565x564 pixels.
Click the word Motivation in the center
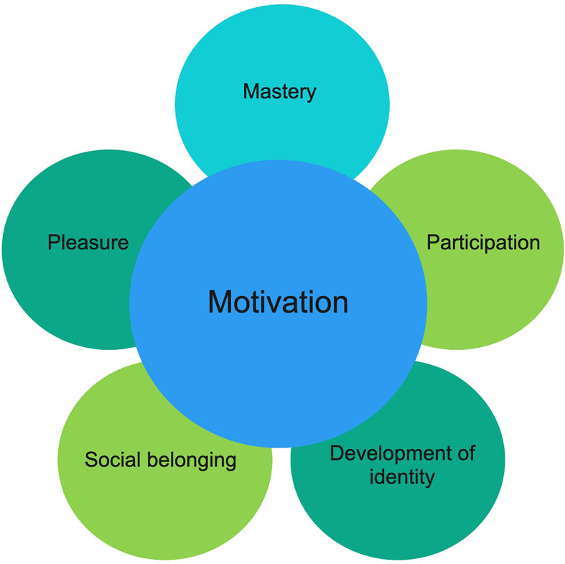(x=278, y=301)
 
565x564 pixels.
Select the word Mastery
(x=279, y=92)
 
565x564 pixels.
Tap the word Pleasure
(x=88, y=243)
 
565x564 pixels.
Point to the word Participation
(x=483, y=243)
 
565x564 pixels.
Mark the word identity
(x=402, y=476)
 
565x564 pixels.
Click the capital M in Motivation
(x=220, y=302)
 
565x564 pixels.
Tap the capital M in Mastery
(x=250, y=92)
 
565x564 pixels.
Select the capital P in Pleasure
(x=53, y=243)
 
